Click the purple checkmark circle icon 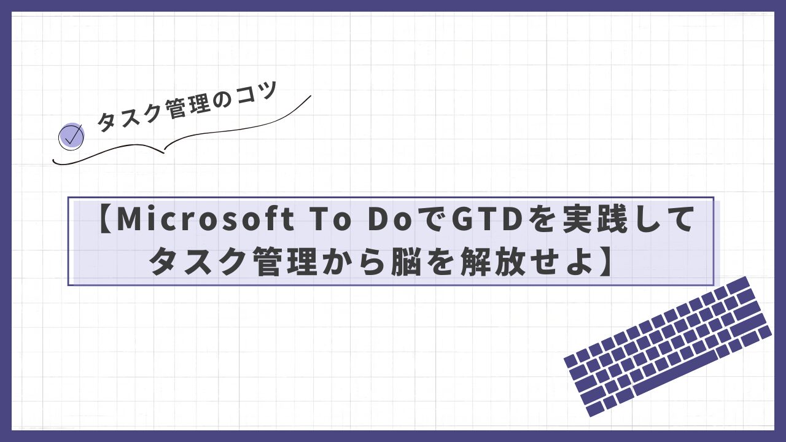point(71,137)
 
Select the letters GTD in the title point(485,220)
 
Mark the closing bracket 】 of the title point(605,261)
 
